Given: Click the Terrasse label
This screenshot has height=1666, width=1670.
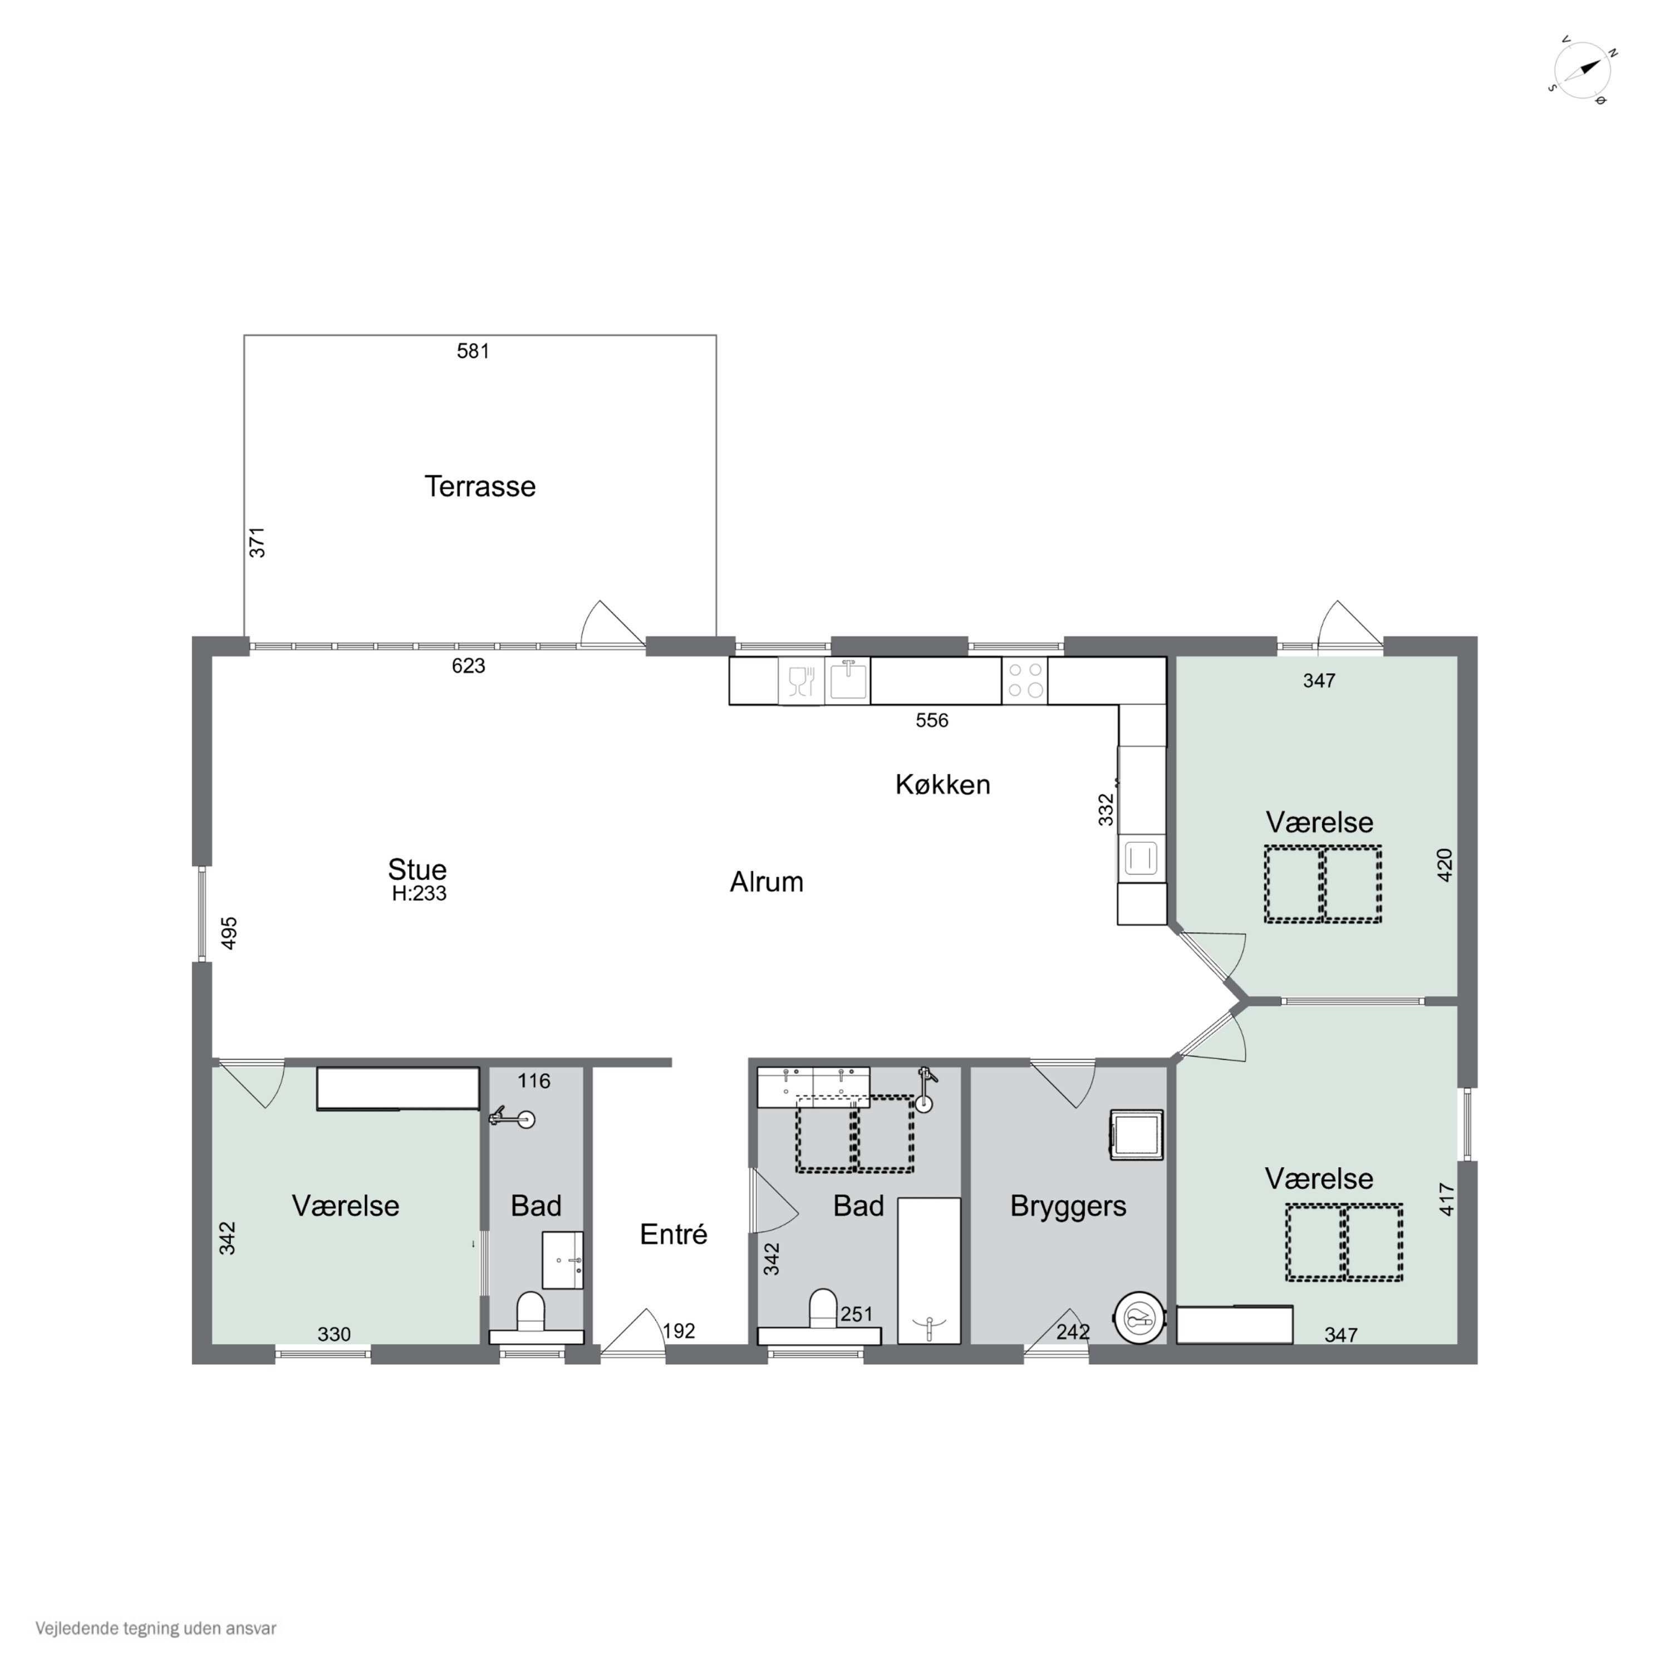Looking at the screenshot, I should point(480,486).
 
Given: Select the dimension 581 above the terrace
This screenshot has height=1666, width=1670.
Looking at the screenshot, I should point(473,351).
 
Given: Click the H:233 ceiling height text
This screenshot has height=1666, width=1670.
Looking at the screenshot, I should point(419,894).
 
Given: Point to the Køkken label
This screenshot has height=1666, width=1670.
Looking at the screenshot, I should point(942,785).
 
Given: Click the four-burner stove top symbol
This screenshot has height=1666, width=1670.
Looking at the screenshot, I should point(1024,680).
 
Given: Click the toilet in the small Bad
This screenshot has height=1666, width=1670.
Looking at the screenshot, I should point(530,1311).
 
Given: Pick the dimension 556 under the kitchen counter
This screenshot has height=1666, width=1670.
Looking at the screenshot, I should point(932,721).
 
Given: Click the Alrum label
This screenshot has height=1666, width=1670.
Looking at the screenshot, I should point(766,882).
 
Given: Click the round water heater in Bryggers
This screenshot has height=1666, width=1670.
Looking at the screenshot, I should point(1139,1319).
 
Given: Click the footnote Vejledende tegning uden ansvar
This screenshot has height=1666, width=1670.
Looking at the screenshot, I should point(156,1629).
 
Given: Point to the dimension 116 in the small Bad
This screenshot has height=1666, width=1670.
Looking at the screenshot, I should point(533,1080).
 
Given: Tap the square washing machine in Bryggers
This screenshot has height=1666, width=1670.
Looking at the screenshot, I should point(1136,1134).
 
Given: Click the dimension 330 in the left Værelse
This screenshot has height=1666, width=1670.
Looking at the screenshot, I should point(333,1334).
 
